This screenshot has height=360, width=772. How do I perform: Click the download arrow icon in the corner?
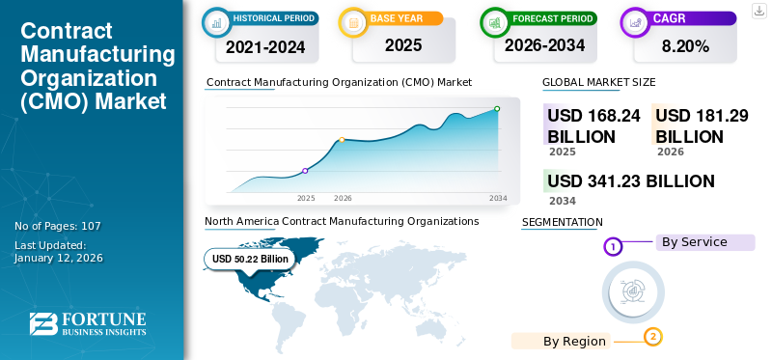coord(758,11)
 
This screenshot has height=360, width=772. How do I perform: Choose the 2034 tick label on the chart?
coord(498,198)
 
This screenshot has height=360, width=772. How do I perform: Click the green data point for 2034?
coord(497,109)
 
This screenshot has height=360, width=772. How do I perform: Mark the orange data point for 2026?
coord(342,140)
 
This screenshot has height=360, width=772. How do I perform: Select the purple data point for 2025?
coord(306,171)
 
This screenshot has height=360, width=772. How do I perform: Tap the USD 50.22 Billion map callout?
coord(250,259)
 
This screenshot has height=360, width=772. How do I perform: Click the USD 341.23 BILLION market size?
coord(631,181)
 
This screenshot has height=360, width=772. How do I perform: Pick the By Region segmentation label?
coord(574,341)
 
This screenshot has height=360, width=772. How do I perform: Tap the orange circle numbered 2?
coord(653,337)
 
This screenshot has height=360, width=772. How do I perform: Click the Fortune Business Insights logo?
coord(88,323)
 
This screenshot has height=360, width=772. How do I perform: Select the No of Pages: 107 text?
coord(58,226)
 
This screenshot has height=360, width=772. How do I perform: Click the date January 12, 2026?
coord(58,258)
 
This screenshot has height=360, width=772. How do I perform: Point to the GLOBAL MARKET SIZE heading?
coord(598,82)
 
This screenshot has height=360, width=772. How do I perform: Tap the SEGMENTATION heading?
coord(562,222)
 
